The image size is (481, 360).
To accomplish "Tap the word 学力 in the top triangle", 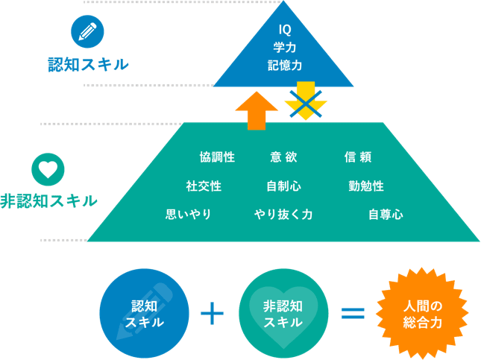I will pos(284,48).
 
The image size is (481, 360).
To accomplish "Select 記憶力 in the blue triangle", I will pos(284,66).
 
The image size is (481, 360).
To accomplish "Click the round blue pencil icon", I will pos(87,31).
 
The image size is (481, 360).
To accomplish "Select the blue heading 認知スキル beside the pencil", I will pos(88,65).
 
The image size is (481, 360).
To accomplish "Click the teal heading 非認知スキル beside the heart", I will pos(48,200).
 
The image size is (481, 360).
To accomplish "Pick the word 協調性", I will pos(217,157).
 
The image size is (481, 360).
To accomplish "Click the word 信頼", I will pos(358,157).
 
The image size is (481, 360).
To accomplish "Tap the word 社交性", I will pos(204,186).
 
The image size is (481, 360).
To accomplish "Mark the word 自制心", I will pos(283,186).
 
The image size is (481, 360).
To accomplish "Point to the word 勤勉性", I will pos(365,186).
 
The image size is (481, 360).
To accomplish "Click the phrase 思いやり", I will pos(189,215).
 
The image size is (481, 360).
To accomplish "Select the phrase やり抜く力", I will pos(283,215).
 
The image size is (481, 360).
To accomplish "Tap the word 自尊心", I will pos(386,215).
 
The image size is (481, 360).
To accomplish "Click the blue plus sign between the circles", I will pos(213,313).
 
